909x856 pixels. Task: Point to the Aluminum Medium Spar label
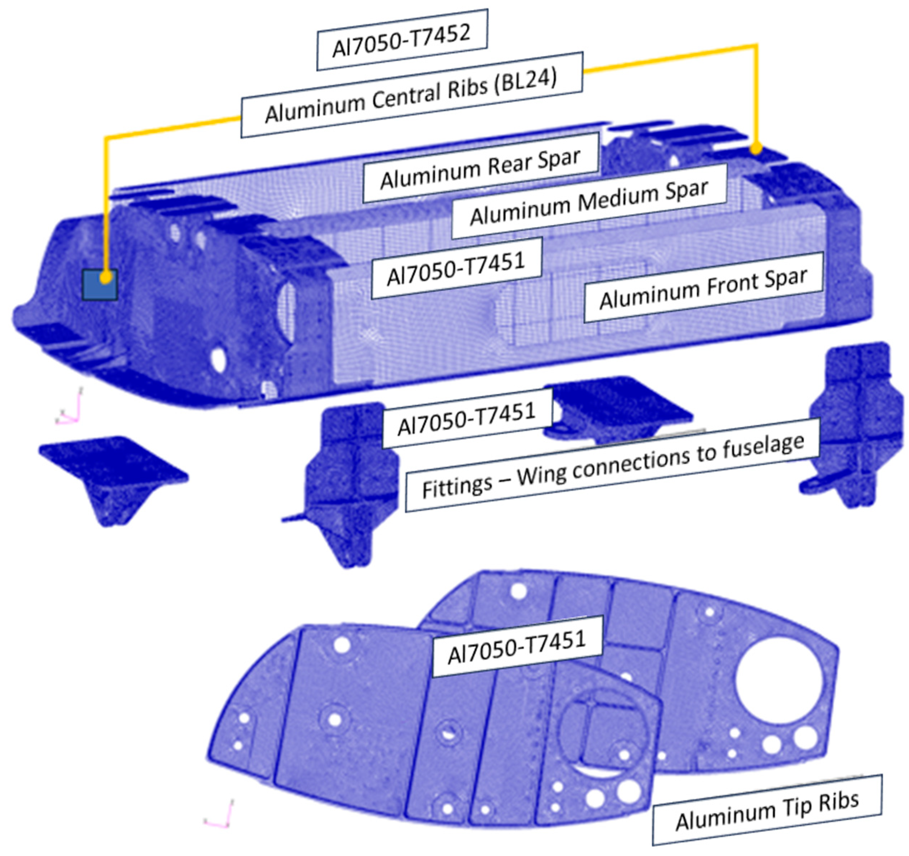(589, 201)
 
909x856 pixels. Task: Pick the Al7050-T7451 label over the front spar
(456, 268)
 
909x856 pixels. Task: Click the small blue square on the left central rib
(100, 284)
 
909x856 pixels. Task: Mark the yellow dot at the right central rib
(756, 149)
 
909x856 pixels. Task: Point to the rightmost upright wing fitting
(855, 425)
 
